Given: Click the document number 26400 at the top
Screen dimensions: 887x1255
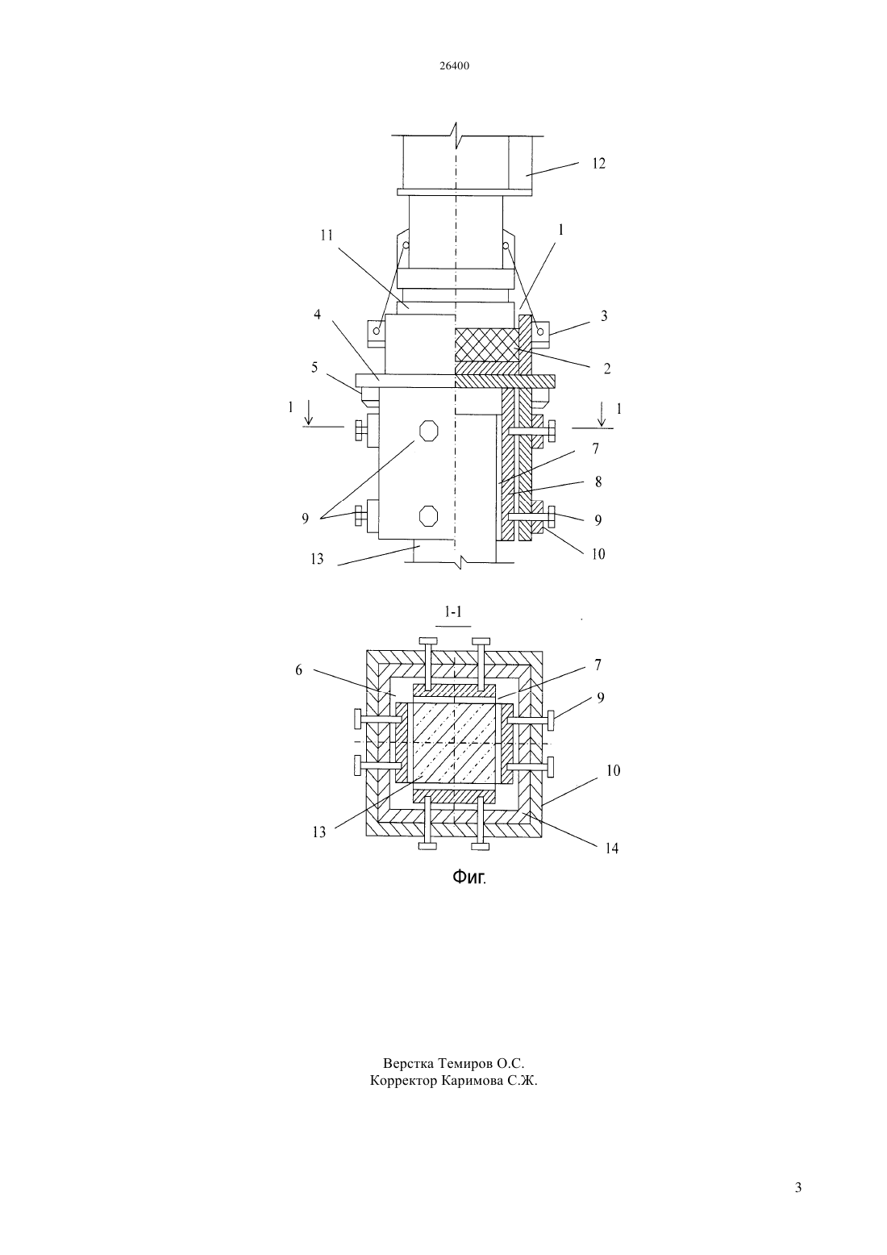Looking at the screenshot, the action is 454,66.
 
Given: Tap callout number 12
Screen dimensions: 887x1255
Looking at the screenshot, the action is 598,164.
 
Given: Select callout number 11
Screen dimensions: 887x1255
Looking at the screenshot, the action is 327,236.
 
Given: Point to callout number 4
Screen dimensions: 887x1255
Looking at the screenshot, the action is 318,315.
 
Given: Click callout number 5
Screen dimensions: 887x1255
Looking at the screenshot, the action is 314,367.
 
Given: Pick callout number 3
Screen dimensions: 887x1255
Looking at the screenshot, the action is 604,316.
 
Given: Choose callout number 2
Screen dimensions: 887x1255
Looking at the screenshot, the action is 607,369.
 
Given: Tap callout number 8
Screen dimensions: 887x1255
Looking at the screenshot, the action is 598,482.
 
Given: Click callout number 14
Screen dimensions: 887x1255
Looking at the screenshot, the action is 611,848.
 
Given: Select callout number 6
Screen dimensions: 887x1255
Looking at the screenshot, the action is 298,669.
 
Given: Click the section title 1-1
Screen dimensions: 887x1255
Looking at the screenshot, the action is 453,612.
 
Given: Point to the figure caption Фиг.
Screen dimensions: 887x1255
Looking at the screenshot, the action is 469,878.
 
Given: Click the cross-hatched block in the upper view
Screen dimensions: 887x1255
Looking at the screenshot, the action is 487,345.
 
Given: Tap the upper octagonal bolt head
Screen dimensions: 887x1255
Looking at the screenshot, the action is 428,430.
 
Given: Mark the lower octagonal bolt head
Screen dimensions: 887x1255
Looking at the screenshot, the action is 428,515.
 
